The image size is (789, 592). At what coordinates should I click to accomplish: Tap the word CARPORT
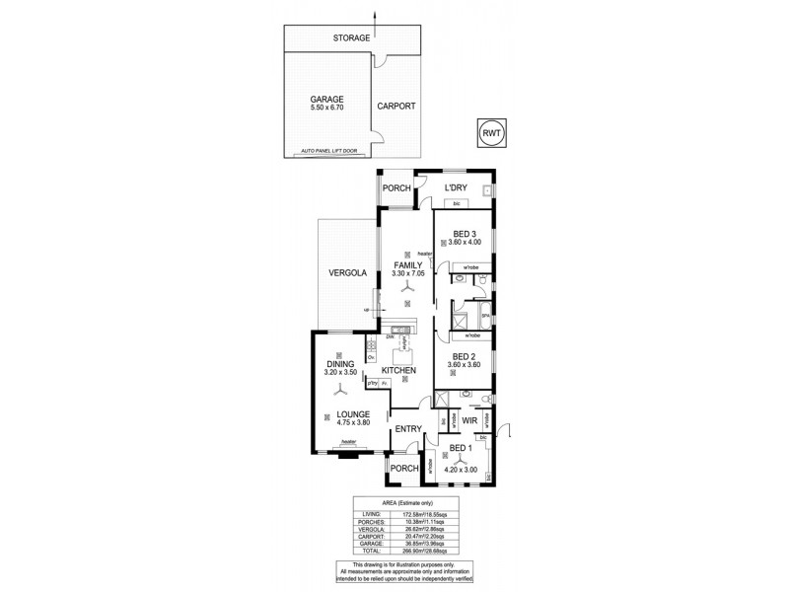[x=396, y=106]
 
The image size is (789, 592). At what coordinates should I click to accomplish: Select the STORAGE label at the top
[x=352, y=37]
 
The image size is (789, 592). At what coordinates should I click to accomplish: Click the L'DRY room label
[x=455, y=187]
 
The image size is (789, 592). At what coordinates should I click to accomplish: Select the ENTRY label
[x=408, y=428]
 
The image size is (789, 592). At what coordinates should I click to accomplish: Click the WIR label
[x=469, y=421]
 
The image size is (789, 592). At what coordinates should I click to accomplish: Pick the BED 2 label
[x=465, y=356]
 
